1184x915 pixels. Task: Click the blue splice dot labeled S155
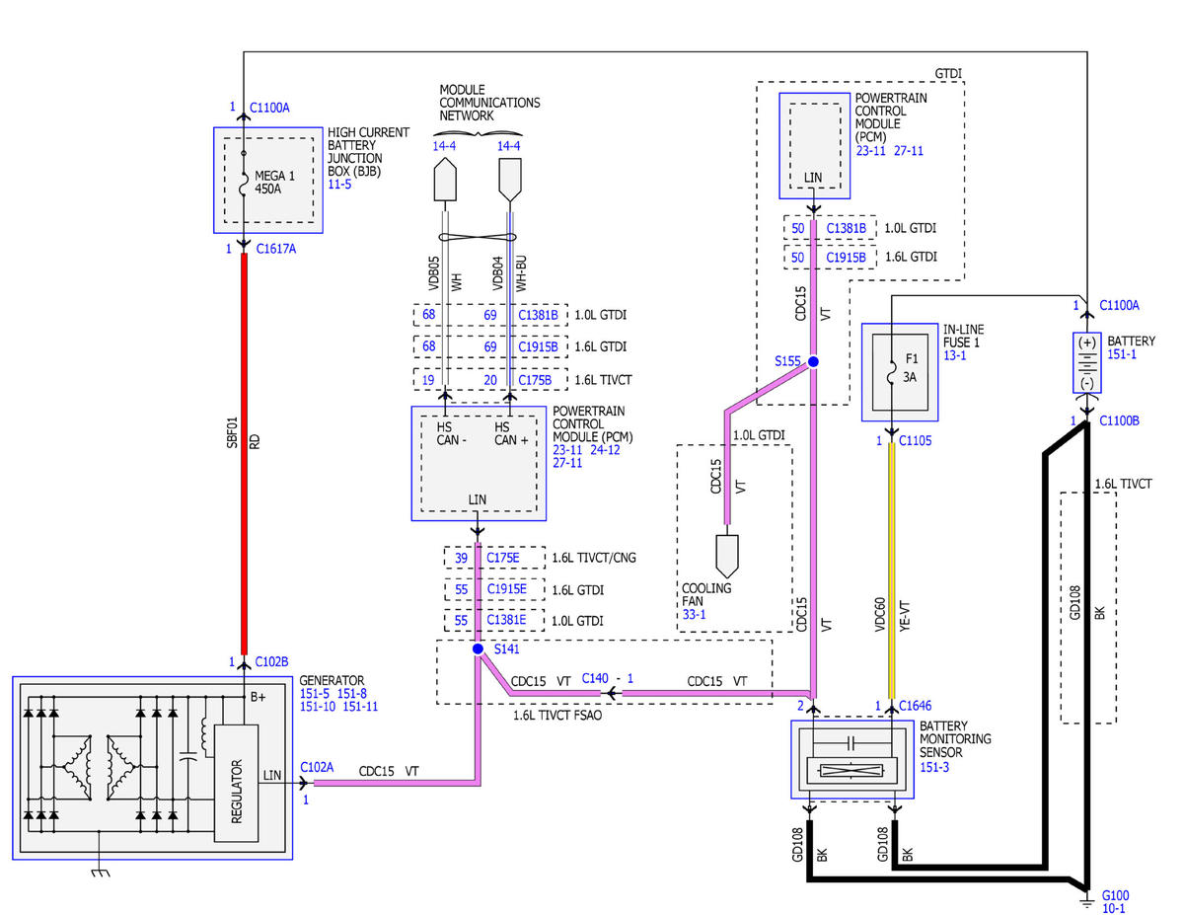(x=812, y=361)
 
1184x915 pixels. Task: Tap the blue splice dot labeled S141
(x=478, y=648)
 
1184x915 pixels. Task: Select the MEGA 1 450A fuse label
(x=274, y=182)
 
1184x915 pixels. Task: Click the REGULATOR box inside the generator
(x=236, y=783)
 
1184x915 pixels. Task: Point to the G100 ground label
(x=1115, y=895)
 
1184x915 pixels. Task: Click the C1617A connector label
(x=275, y=249)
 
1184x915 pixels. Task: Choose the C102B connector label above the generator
(x=271, y=661)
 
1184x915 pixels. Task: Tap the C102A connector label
(x=317, y=767)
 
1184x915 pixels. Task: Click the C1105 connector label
(x=915, y=440)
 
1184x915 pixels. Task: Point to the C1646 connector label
(x=915, y=706)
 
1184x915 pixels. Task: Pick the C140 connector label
(x=594, y=678)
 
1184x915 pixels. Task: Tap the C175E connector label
(x=502, y=558)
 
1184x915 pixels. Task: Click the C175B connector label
(x=534, y=380)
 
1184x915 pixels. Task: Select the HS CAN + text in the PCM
(x=510, y=433)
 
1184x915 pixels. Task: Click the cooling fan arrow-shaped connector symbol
(x=727, y=556)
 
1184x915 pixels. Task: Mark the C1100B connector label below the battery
(x=1119, y=420)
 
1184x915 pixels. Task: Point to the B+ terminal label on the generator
(x=258, y=697)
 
